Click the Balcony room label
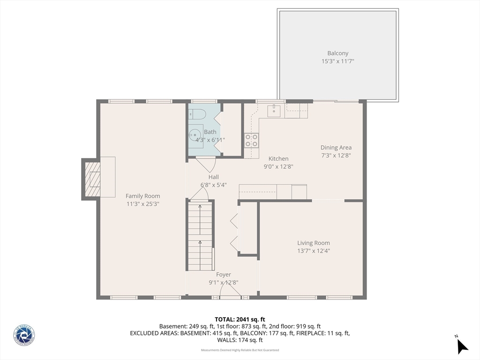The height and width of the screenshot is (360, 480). [x=337, y=53]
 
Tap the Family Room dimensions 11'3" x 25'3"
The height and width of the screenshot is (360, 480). [x=143, y=204]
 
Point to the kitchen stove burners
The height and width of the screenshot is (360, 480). [x=251, y=140]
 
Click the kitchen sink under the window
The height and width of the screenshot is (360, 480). [x=273, y=111]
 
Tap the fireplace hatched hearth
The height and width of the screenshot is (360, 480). [x=92, y=180]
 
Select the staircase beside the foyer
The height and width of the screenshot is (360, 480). [x=200, y=236]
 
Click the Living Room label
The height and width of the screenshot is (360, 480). [x=314, y=243]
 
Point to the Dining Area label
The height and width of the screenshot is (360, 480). [x=336, y=148]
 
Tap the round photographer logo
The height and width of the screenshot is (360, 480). [x=24, y=336]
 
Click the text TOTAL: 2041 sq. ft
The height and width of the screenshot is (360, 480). [x=240, y=319]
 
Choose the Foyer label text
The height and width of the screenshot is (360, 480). [x=223, y=275]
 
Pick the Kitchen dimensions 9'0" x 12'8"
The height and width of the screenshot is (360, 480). [x=278, y=166]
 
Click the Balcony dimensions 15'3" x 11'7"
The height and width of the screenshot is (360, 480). [x=337, y=61]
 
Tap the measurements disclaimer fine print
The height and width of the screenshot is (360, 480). [x=240, y=350]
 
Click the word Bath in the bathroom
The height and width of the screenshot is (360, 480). [x=210, y=132]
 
